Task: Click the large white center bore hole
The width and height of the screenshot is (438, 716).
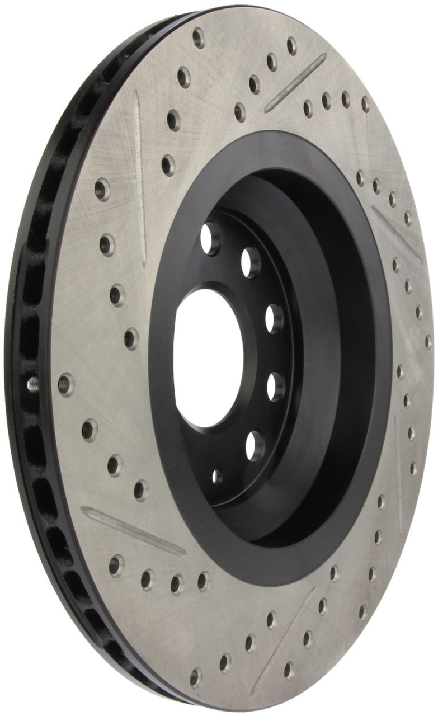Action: [208, 358]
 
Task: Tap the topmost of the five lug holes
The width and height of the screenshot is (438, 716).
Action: [210, 238]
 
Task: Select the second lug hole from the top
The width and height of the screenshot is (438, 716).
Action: [250, 261]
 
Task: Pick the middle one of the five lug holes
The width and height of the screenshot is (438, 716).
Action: [274, 318]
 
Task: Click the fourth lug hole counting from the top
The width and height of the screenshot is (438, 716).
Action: [275, 385]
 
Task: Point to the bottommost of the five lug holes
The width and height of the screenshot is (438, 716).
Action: [254, 445]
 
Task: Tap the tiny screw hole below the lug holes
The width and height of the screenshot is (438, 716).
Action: [217, 477]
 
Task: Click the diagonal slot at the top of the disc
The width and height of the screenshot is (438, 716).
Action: [295, 82]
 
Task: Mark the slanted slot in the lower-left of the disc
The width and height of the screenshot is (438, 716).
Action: [133, 531]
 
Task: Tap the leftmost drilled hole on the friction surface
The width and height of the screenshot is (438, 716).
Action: [66, 384]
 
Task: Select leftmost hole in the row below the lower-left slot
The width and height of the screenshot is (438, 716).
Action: [116, 565]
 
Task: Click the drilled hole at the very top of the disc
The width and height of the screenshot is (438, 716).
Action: [199, 37]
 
